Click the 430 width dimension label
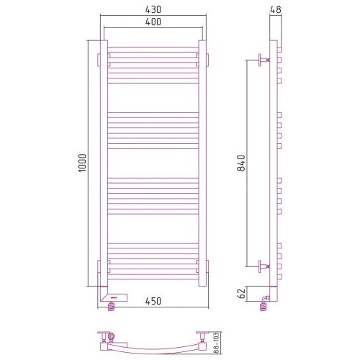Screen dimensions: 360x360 153,9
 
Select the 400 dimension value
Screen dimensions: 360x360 153,22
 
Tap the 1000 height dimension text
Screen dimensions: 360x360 82,163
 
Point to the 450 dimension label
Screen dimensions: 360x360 153,301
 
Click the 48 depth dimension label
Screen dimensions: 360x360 275,9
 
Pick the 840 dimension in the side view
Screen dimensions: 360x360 241,163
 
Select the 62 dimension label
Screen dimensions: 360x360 242,293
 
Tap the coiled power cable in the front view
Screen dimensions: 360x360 112,307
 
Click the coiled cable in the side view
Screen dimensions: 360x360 264,307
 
